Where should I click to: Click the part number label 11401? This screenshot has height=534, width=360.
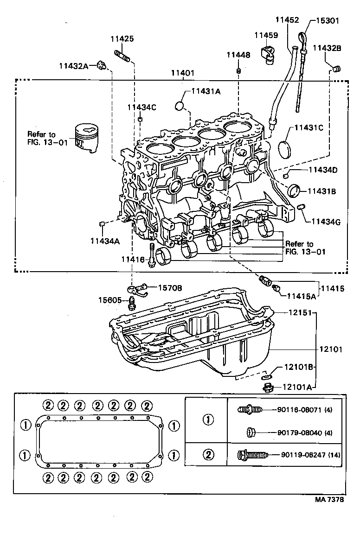[x=182, y=73]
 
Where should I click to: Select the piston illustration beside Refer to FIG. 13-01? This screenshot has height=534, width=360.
[x=88, y=138]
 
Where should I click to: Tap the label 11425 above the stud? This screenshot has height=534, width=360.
[x=122, y=39]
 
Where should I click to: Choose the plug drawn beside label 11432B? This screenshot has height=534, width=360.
[x=337, y=69]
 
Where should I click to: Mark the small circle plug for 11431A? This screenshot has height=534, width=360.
[x=180, y=107]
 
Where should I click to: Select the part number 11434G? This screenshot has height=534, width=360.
[x=326, y=222]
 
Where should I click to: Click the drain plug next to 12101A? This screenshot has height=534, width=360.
[x=267, y=387]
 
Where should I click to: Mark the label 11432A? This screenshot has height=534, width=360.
[x=73, y=66]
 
